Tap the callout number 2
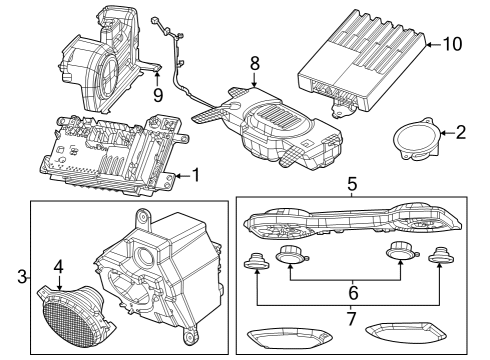click(461, 131)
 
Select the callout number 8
click(255, 62)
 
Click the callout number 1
click(196, 176)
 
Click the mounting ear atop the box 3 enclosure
click(143, 216)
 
